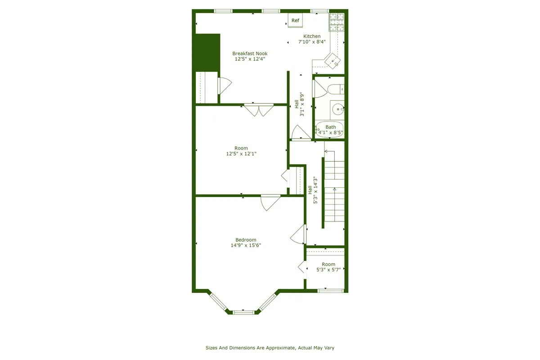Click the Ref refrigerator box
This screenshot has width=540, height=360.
point(295,20)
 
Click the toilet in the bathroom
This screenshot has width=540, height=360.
point(335,89)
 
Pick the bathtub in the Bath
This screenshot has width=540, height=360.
point(330,130)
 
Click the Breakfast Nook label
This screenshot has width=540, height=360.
point(250,54)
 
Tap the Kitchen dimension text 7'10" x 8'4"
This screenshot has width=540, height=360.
point(312,42)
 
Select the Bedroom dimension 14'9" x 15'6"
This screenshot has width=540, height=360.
point(246,245)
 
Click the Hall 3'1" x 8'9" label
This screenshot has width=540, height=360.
point(299,105)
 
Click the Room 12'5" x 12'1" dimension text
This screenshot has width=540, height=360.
point(241,153)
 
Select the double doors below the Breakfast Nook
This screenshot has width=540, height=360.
point(259,110)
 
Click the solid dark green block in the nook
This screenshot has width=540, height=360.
point(207,52)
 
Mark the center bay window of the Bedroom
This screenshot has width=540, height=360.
point(244,311)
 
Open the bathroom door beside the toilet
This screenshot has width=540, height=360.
point(319,89)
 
